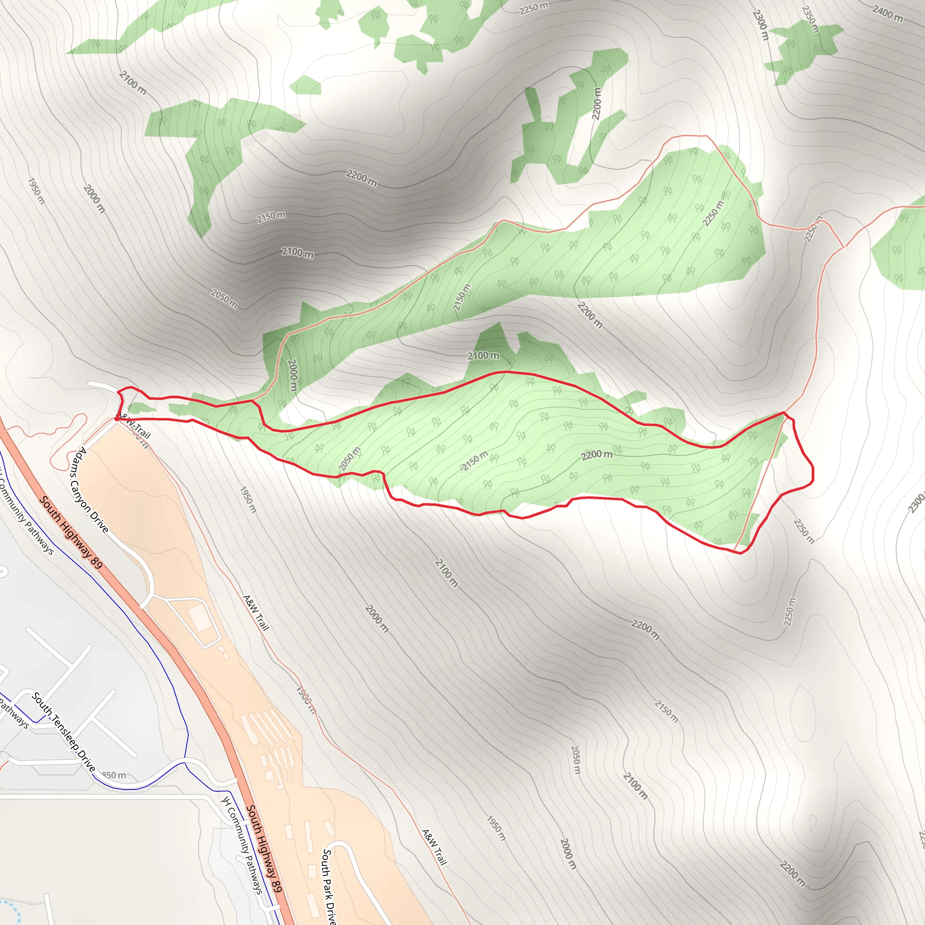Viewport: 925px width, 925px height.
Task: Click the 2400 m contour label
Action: pos(887,14)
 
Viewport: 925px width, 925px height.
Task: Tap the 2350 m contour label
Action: pos(811,19)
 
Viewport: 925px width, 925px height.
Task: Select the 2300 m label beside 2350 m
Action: pos(760,25)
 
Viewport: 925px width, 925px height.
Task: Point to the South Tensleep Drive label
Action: pos(63,732)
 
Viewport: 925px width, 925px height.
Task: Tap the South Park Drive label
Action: pos(328,886)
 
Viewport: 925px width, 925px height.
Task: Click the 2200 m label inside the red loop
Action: pos(597,455)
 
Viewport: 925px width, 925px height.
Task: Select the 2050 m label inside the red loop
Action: pos(350,459)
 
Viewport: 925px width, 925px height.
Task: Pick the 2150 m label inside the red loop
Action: pos(475,461)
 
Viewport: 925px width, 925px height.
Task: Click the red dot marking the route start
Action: pos(117,418)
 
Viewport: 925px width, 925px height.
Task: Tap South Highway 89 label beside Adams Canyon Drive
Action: pos(70,533)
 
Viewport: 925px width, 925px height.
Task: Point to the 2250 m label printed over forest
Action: pos(713,213)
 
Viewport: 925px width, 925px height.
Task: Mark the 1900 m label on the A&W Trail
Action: pos(306,700)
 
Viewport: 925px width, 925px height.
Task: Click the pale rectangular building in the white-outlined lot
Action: pos(200,617)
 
